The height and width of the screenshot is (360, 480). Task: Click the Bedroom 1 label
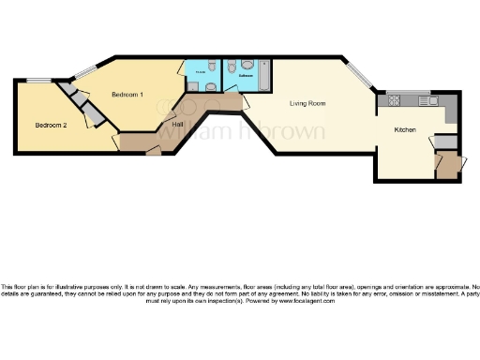click(x=127, y=95)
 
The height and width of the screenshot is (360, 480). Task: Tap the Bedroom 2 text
click(x=51, y=126)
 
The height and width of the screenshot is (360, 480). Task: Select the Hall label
click(x=177, y=124)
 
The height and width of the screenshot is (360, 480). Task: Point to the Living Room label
click(x=307, y=103)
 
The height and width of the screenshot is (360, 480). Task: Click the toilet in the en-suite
click(x=212, y=68)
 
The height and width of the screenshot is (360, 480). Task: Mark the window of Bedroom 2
click(x=38, y=80)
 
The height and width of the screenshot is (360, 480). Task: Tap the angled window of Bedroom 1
click(x=85, y=69)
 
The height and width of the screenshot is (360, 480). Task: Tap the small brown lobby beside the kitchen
click(x=451, y=166)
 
